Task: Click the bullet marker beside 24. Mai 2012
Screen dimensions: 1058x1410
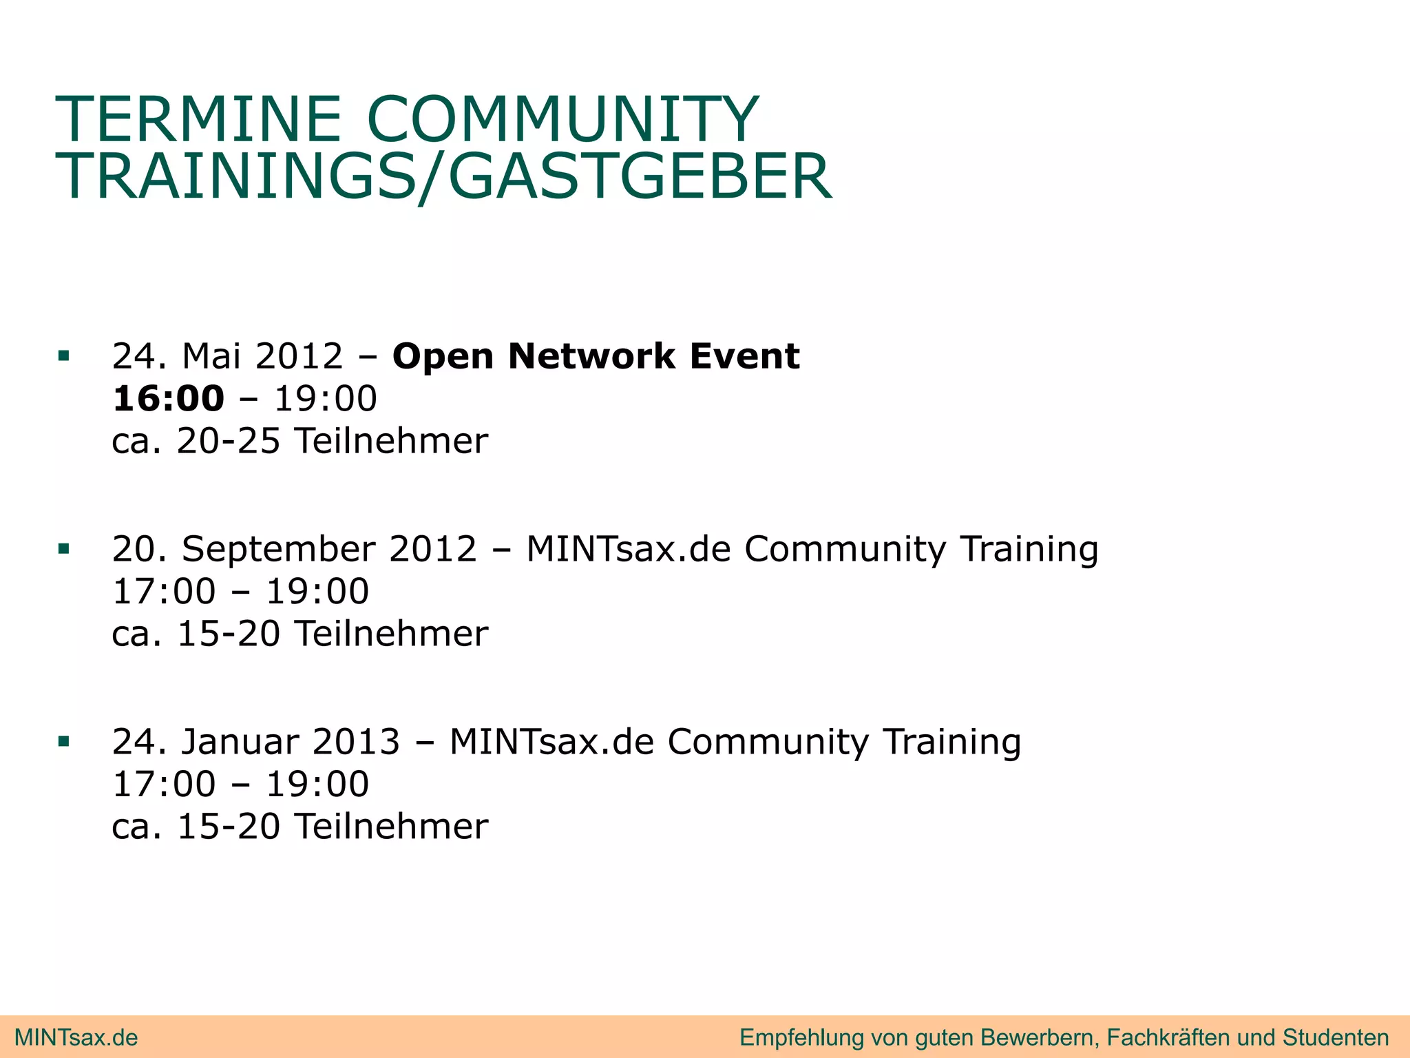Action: tap(64, 356)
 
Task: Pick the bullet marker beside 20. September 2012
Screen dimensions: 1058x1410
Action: tap(64, 549)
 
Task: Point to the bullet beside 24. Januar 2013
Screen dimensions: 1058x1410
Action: tap(64, 742)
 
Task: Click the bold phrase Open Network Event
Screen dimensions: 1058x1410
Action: tap(596, 356)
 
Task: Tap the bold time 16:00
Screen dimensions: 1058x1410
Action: tap(169, 399)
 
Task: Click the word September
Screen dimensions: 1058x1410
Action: tap(279, 550)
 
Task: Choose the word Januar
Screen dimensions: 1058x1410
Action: tap(240, 742)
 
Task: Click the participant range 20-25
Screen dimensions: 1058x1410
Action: tap(229, 441)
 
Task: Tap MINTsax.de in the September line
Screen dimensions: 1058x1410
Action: tap(628, 549)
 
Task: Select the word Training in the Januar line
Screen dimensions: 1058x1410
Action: tap(952, 742)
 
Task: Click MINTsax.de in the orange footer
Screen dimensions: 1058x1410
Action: tap(76, 1037)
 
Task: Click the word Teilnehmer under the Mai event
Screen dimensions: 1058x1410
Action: tap(392, 441)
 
